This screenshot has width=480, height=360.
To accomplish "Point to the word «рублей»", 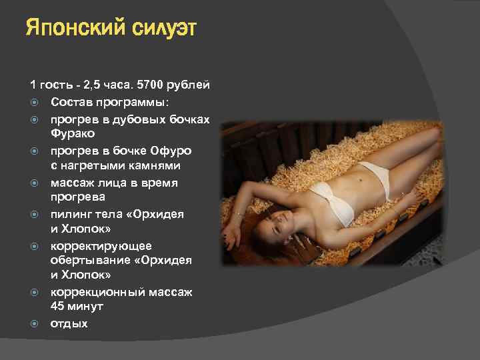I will (x=189, y=86).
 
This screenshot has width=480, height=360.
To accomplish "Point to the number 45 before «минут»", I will (x=58, y=307).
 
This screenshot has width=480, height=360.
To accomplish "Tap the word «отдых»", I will (x=69, y=324).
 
